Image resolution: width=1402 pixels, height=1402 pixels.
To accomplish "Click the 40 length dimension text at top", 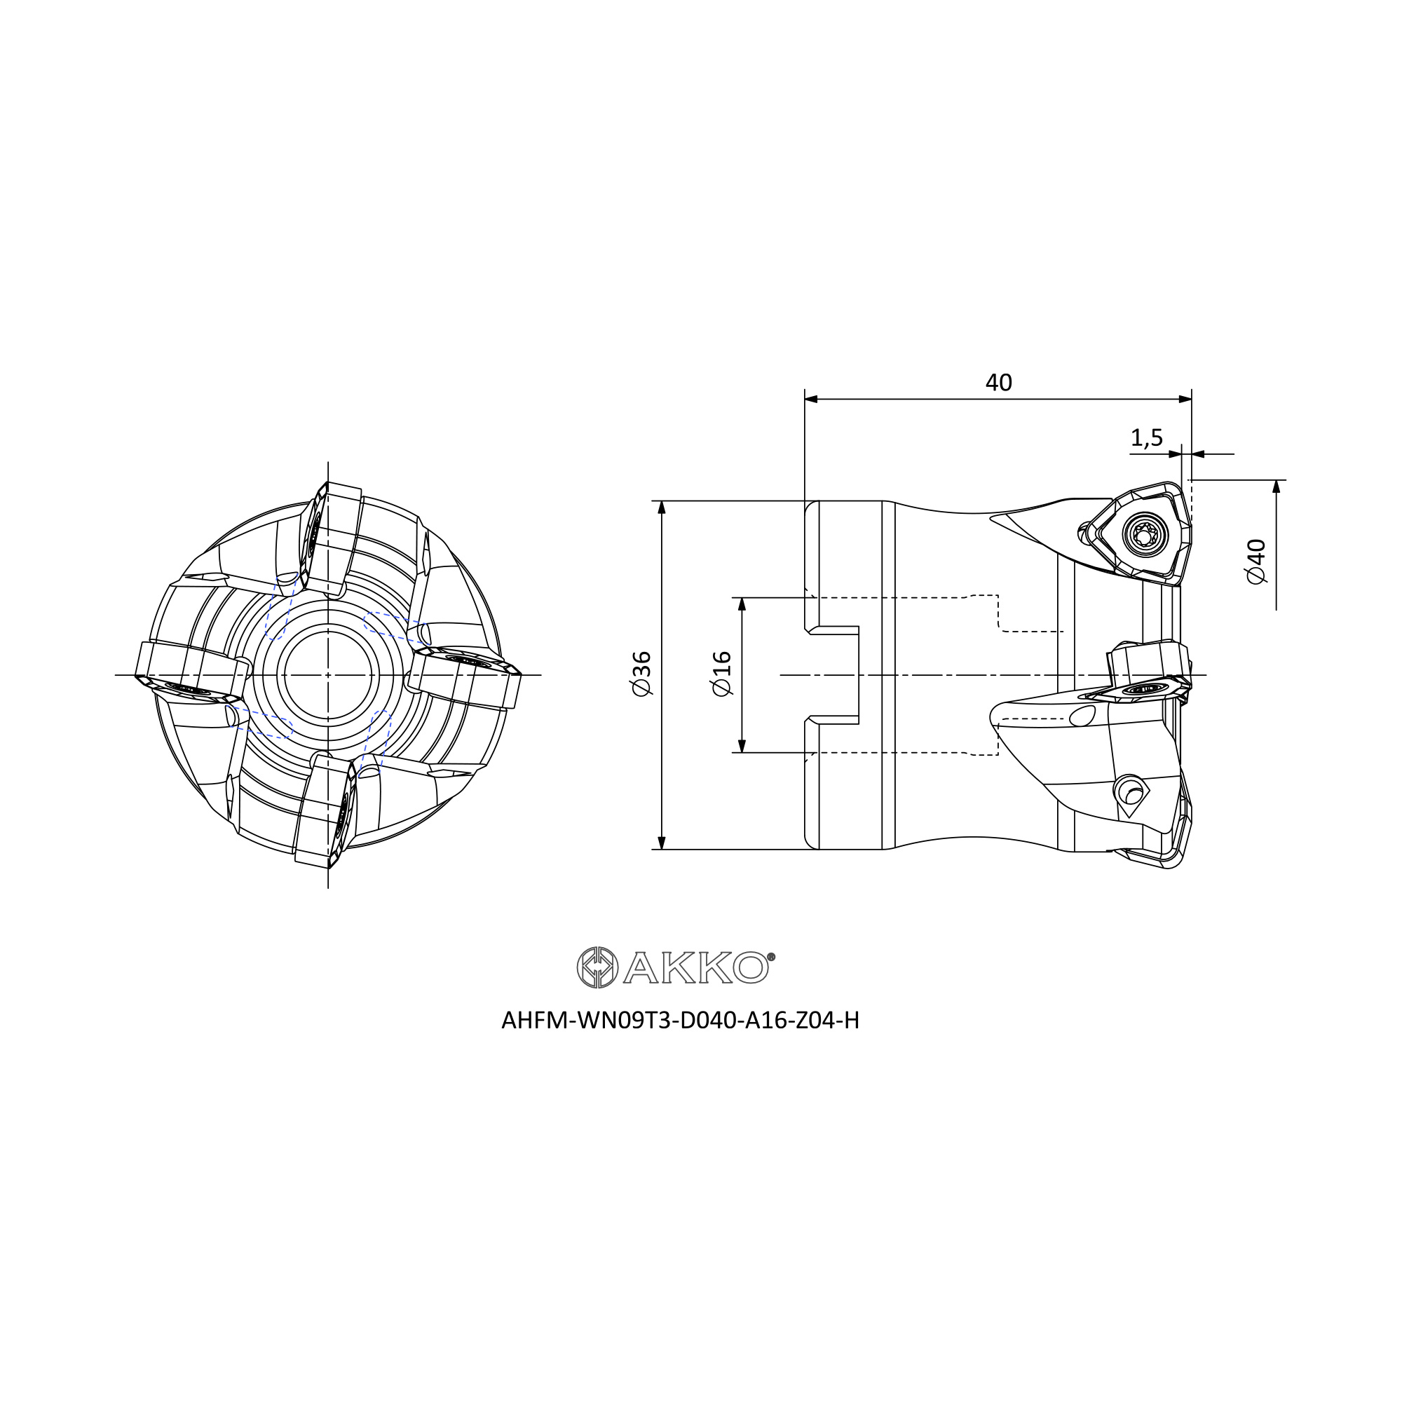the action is (x=998, y=383).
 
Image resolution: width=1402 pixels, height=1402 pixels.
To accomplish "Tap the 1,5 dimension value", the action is (x=1147, y=437).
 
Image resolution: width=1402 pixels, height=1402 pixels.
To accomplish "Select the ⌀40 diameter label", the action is (x=1255, y=562).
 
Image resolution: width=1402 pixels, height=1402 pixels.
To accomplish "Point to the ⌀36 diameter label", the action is (x=641, y=674).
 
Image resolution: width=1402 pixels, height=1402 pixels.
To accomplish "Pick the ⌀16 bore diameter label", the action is (x=722, y=674).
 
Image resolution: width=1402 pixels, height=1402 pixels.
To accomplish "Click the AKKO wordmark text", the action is (x=695, y=968).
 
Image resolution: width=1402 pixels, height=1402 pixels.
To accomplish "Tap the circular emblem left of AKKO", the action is (x=597, y=967).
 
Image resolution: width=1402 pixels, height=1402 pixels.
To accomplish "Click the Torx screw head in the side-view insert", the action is (x=1146, y=536).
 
